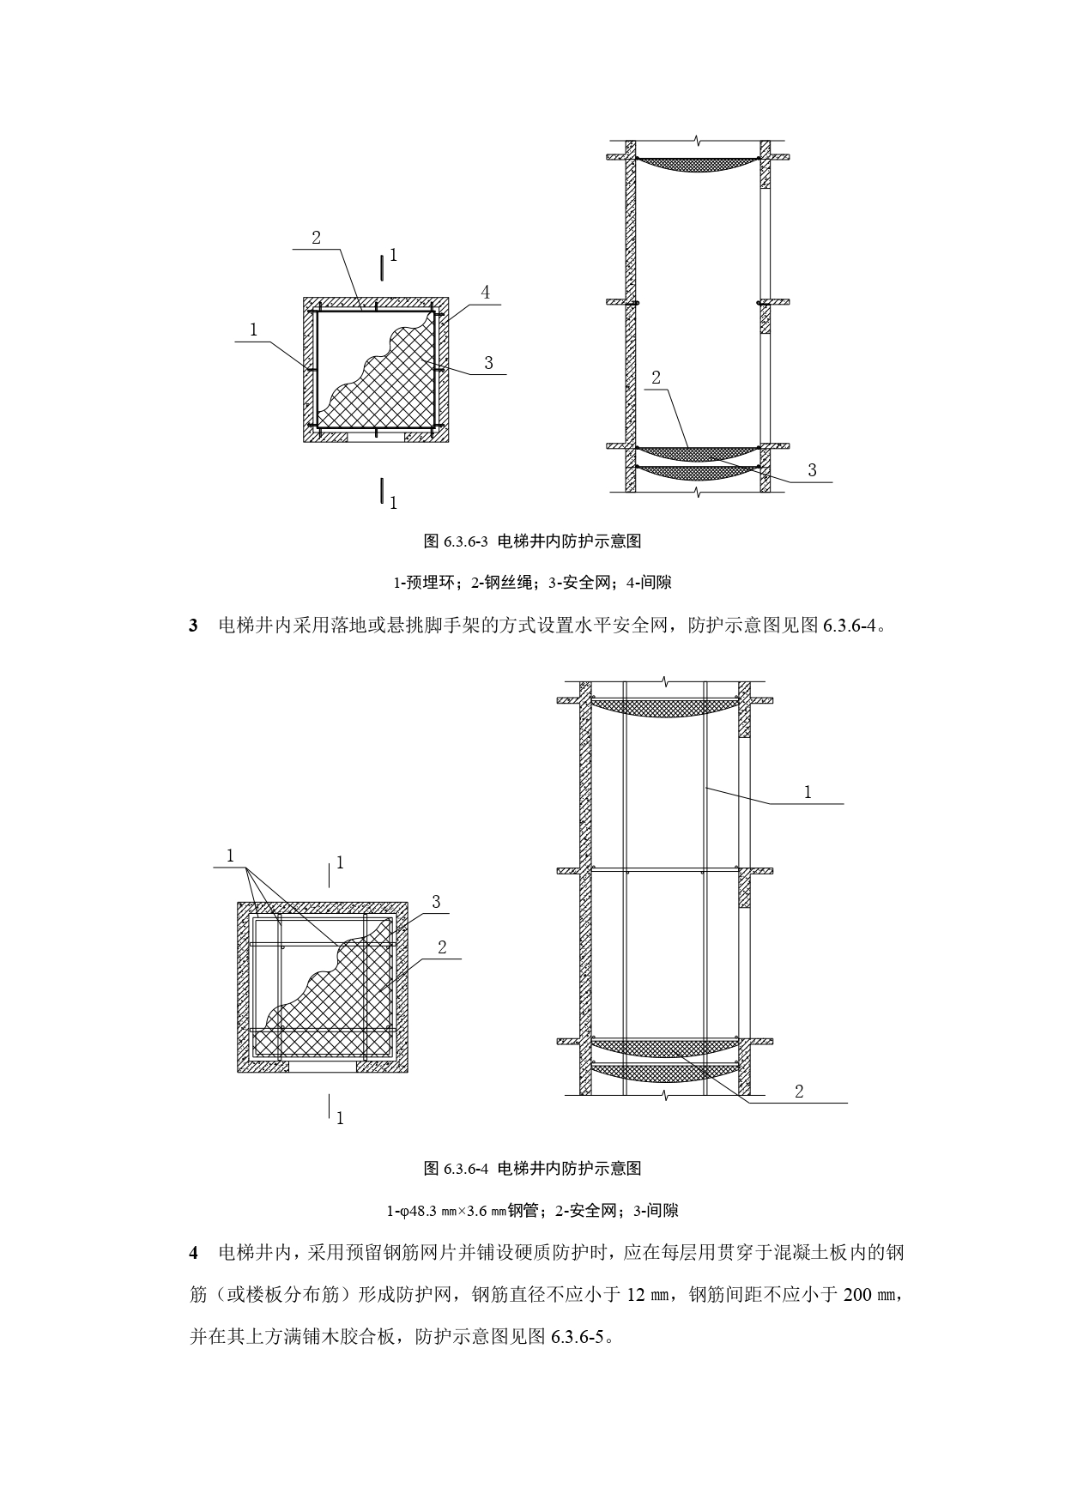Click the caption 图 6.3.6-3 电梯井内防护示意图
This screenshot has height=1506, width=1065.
point(532,541)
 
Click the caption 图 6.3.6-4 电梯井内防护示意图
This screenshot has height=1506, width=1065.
point(532,1168)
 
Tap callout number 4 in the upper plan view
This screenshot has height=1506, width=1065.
point(485,293)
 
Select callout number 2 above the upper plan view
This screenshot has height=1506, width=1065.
point(316,238)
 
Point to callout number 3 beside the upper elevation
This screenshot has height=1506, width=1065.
point(812,470)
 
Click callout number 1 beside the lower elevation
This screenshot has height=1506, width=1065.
point(808,792)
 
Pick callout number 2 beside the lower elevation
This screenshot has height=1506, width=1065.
point(799,1092)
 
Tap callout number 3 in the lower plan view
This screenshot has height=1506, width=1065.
point(436,902)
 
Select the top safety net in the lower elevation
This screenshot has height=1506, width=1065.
point(665,707)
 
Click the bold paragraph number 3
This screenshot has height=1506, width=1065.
point(194,626)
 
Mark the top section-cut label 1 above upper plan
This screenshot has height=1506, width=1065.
point(393,255)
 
